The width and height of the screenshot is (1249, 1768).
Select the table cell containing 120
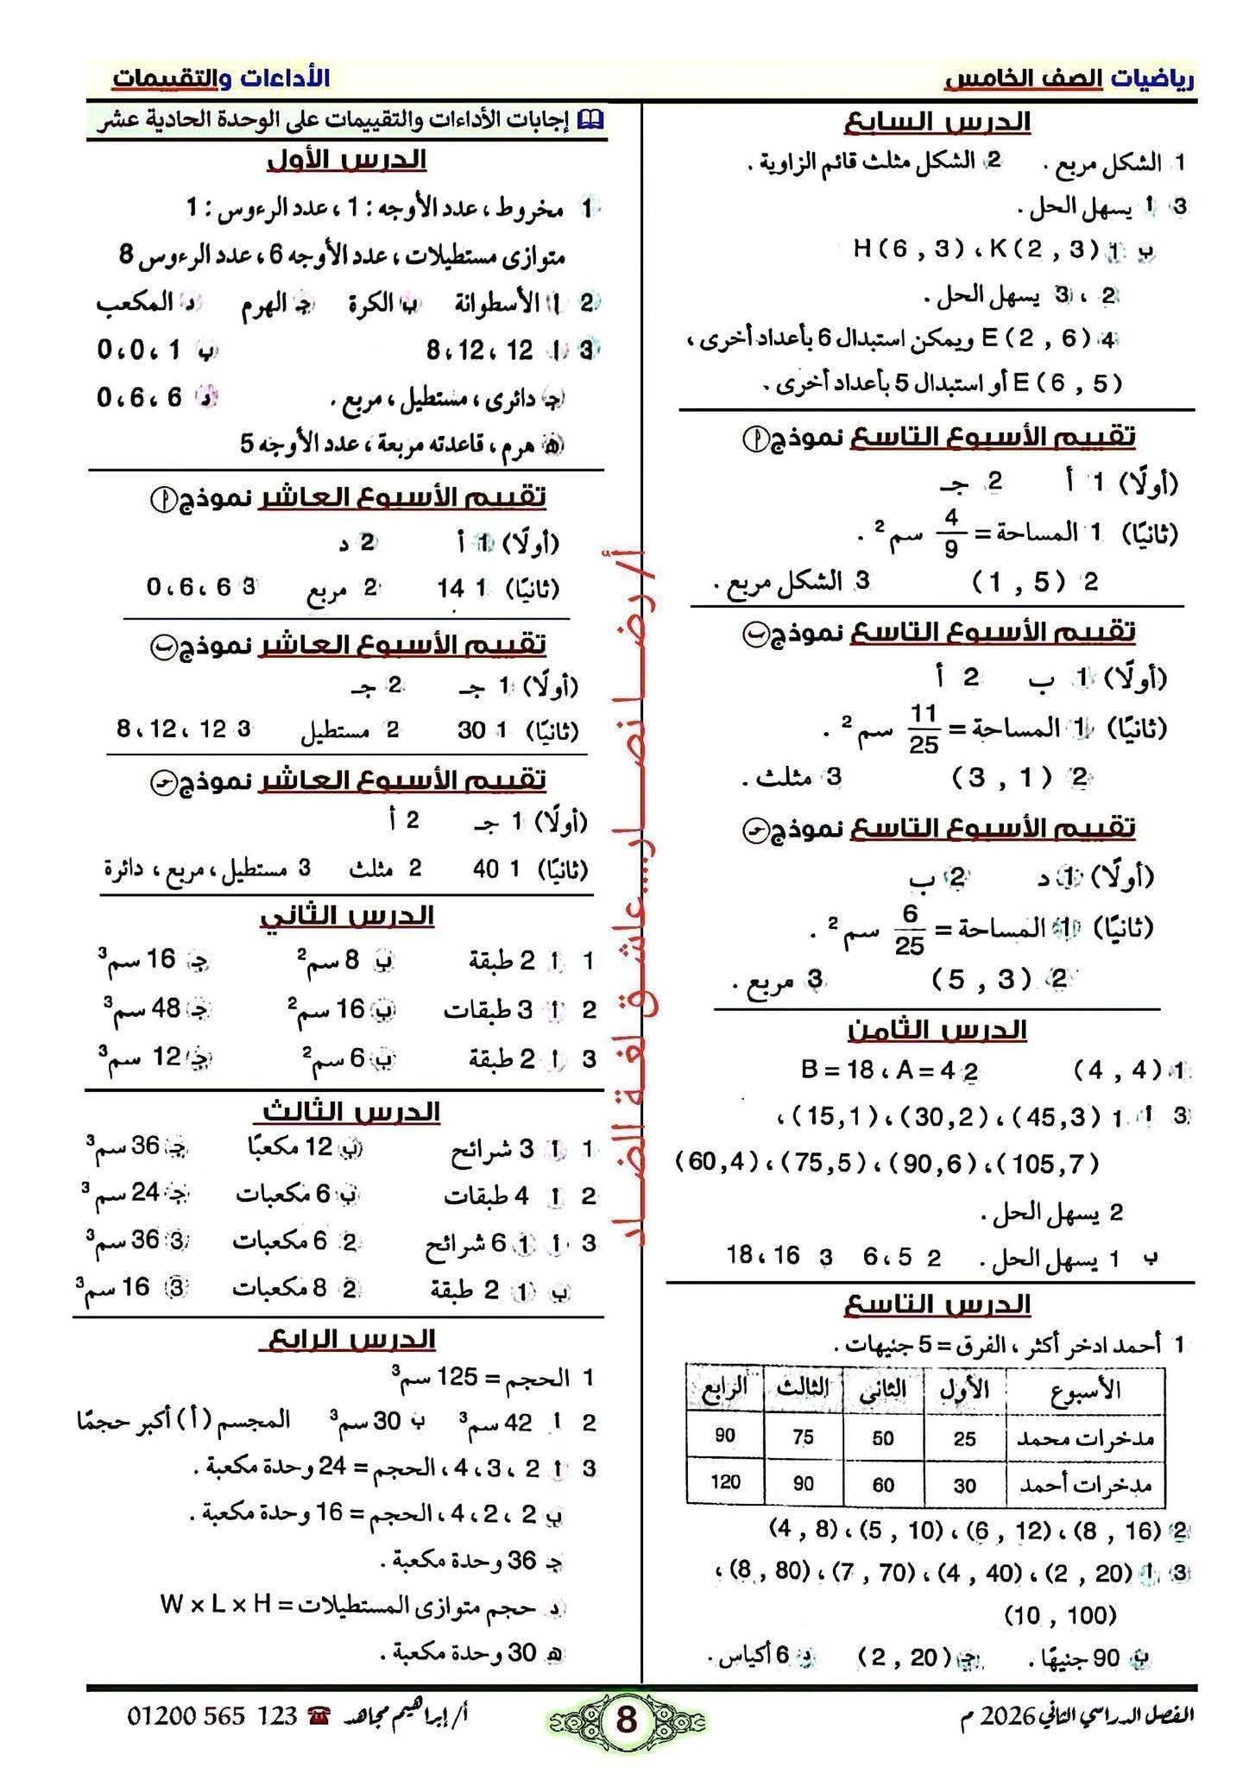click(x=725, y=1482)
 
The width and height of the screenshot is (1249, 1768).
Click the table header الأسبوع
click(x=1085, y=1389)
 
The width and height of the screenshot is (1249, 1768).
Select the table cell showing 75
click(x=803, y=1436)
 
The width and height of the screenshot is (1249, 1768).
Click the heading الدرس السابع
click(x=937, y=122)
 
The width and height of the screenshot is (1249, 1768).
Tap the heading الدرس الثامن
click(x=937, y=1030)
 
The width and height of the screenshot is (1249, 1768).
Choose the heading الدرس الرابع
click(x=347, y=1339)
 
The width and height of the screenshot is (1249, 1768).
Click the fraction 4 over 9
click(x=950, y=533)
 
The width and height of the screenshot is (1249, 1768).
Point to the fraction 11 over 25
click(x=923, y=729)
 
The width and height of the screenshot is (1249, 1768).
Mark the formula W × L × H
click(x=215, y=1605)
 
